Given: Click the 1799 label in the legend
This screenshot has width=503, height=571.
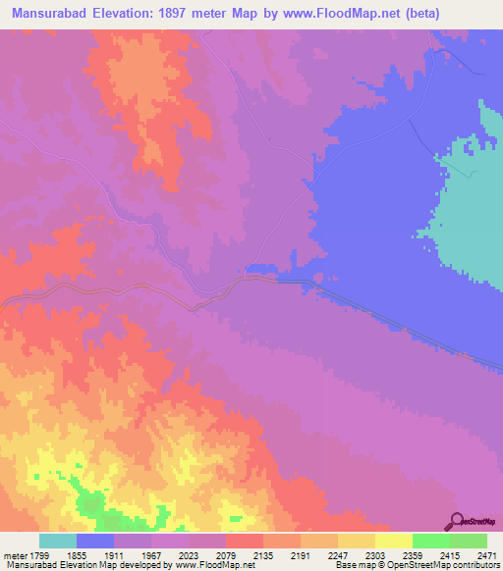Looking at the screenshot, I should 40,554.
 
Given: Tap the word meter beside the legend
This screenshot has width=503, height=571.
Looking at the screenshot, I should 14,554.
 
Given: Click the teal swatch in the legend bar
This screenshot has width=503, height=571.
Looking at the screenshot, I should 58,541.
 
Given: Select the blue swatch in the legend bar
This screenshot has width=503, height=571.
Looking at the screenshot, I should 95,541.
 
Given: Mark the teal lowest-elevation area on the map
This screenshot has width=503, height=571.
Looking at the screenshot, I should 472,196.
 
